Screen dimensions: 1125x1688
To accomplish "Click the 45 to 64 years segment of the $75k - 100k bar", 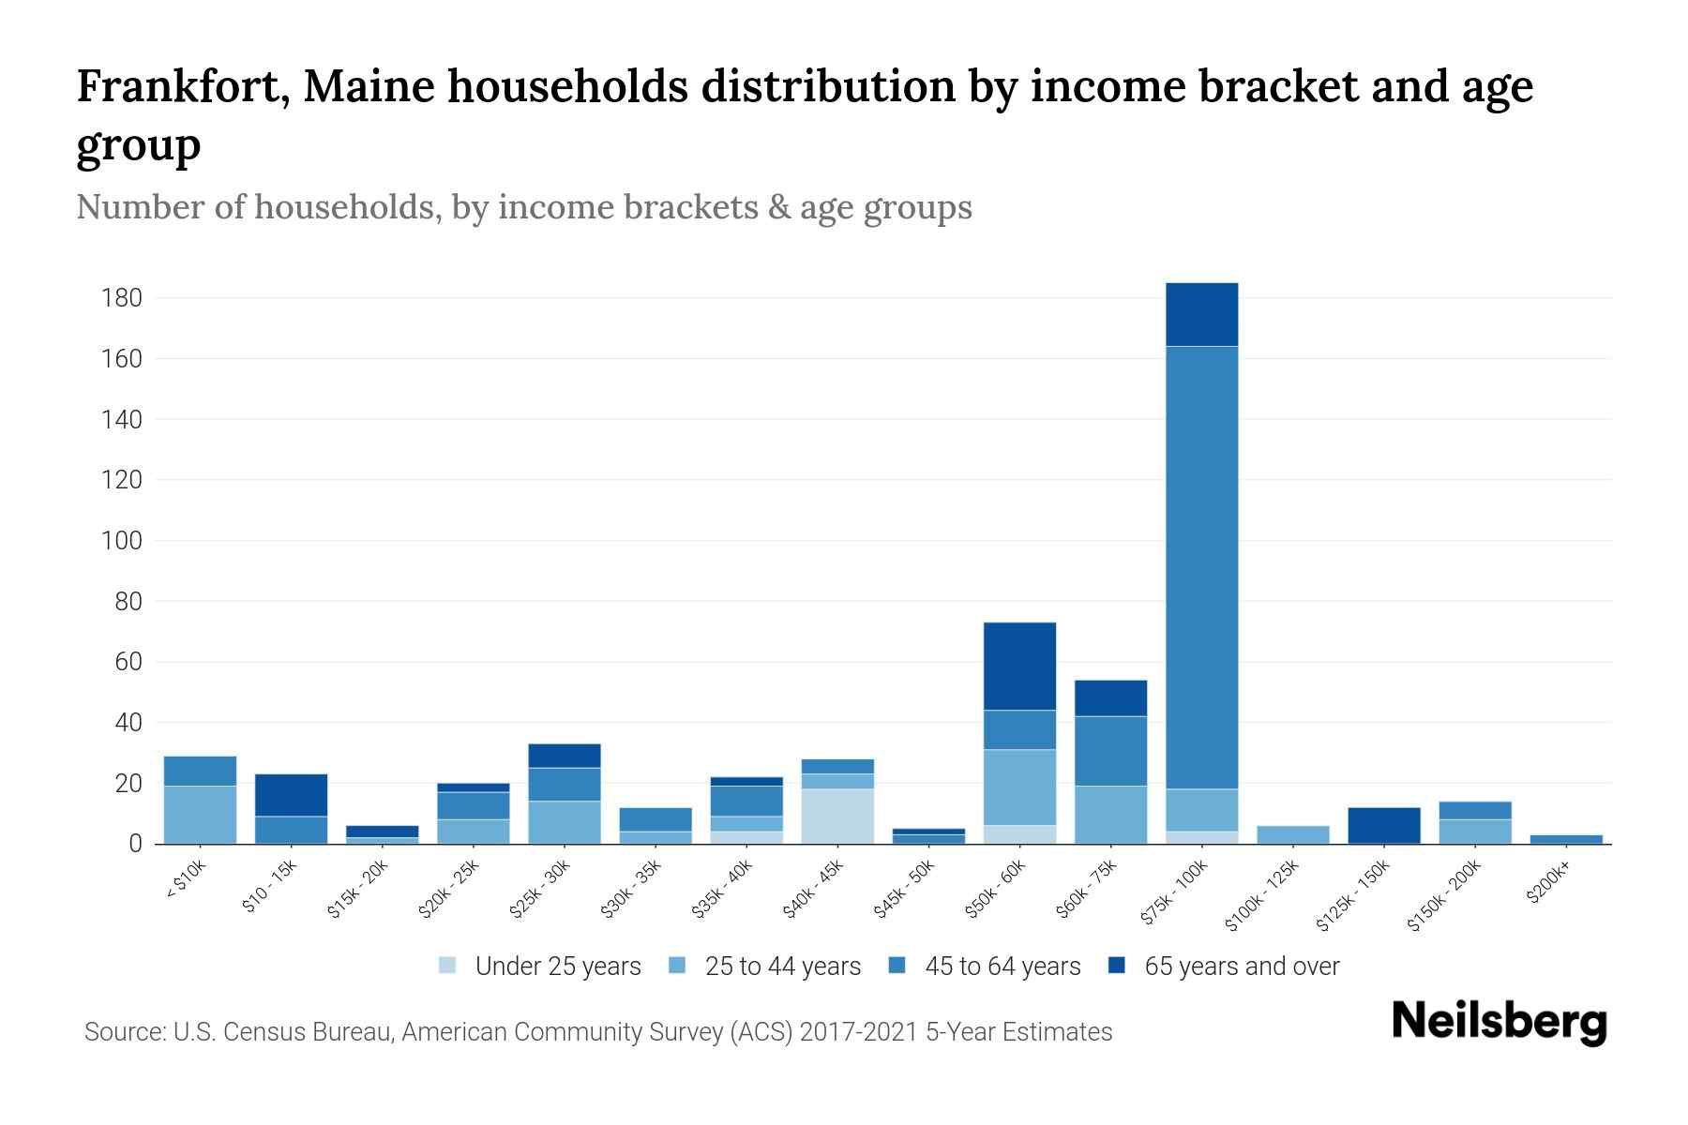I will point(1201,567).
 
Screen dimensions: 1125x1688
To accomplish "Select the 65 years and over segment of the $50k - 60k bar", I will point(1019,666).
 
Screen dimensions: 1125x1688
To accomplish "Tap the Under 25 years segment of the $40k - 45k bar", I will point(837,816).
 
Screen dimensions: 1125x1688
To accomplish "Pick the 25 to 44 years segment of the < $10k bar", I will point(200,815).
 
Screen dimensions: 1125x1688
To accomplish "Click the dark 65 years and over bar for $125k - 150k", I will point(1383,825).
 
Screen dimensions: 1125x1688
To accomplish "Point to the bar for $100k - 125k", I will point(1292,834).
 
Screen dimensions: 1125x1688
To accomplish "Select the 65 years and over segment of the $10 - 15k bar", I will point(291,795).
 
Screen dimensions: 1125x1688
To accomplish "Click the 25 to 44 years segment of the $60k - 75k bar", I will point(1110,815).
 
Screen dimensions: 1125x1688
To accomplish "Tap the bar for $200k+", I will point(1565,839).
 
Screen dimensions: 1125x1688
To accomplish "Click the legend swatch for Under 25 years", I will point(447,966).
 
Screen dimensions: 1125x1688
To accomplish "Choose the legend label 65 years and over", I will point(1242,967).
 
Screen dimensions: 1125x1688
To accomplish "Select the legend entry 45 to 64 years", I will point(1002,967).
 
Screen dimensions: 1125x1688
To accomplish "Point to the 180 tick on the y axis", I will point(122,298).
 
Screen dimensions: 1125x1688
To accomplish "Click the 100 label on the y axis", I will point(122,541).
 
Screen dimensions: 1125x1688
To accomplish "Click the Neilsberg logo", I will point(1500,1023).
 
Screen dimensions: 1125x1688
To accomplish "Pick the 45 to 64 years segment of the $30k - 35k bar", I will point(656,819).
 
